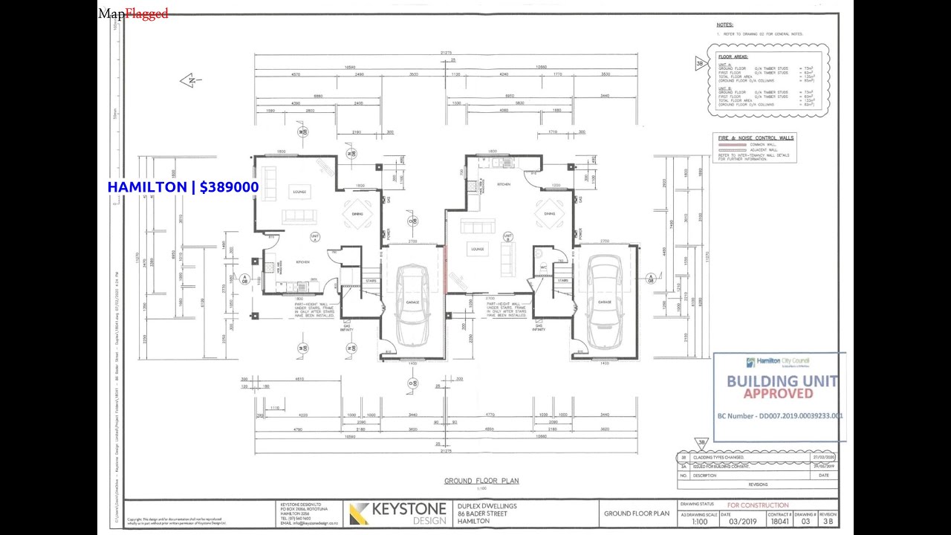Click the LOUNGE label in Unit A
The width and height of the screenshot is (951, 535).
point(299,192)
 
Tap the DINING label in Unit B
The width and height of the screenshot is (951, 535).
point(549,214)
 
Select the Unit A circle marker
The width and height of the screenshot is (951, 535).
point(314,238)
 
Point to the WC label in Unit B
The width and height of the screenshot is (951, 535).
point(543,267)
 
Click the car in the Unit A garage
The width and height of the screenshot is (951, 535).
point(412,304)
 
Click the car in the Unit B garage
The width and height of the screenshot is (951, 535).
point(604,302)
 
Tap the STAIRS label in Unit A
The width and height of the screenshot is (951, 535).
point(370,281)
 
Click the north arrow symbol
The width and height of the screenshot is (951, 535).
point(191,80)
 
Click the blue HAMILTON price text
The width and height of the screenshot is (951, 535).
point(183,187)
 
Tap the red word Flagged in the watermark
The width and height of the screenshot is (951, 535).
point(146,13)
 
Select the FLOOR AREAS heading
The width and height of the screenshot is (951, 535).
point(733,57)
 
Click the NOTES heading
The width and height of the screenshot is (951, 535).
point(725,25)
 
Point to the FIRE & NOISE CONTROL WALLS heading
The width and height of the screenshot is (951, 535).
point(756,137)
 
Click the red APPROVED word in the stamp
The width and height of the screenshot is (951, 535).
point(778,394)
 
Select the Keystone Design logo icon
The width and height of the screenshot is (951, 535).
point(359,513)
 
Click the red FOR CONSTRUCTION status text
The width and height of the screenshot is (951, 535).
point(758,505)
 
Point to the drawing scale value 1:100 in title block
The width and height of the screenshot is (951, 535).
point(699,522)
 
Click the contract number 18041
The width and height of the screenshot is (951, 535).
point(779,522)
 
